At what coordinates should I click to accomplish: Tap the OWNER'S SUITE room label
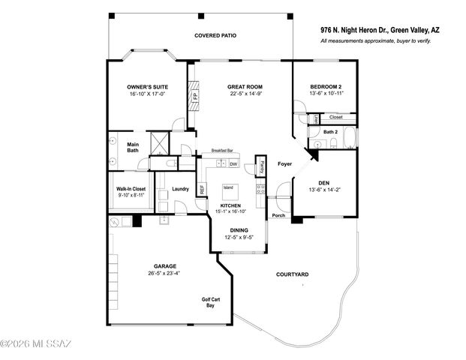click(146, 88)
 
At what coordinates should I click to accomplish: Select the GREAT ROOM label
click(245, 88)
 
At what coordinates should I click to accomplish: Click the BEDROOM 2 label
click(326, 88)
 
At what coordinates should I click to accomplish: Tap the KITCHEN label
click(230, 205)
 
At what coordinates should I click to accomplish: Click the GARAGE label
click(166, 266)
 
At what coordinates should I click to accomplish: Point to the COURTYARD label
click(293, 275)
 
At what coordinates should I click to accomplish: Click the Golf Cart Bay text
click(211, 303)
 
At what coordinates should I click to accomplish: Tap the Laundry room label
click(180, 189)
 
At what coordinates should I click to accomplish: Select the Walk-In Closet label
click(131, 189)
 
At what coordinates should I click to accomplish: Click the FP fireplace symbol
click(196, 96)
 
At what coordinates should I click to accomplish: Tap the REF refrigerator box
click(202, 189)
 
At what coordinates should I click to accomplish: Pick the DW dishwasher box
click(233, 163)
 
